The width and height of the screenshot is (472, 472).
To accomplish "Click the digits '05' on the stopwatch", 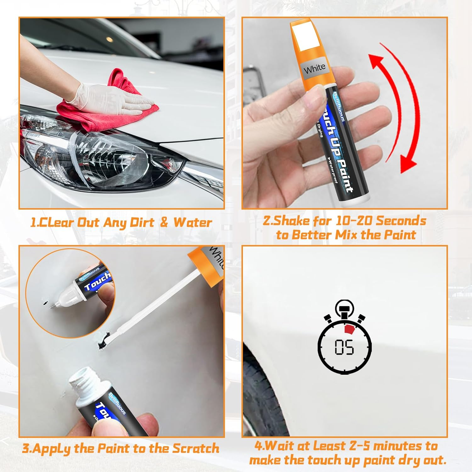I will tap(344, 347).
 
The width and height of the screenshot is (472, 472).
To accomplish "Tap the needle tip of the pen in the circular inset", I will tap(52, 307).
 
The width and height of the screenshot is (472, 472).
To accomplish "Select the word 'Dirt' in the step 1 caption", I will tap(142, 222).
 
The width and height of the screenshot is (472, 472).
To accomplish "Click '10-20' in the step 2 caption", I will tap(353, 221).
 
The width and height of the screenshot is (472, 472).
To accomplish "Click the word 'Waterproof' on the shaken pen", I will tap(333, 172).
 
